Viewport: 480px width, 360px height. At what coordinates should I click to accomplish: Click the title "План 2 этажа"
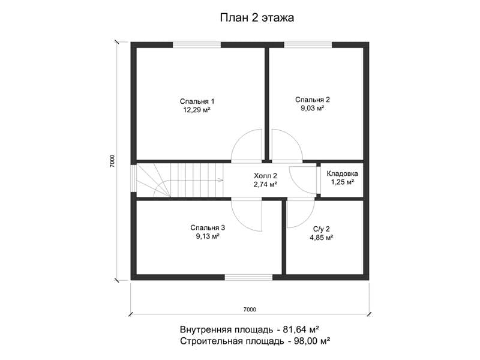pyautogui.click(x=257, y=18)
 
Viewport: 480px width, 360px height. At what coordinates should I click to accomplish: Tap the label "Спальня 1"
pyautogui.click(x=197, y=101)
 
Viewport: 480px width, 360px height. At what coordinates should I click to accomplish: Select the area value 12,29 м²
pyautogui.click(x=197, y=110)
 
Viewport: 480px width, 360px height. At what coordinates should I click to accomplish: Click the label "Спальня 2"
pyautogui.click(x=312, y=100)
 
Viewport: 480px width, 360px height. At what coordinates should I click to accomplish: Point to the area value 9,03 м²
pyautogui.click(x=312, y=108)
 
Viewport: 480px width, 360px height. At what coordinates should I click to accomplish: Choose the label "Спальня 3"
pyautogui.click(x=208, y=227)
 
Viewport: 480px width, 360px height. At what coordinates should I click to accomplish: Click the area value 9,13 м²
pyautogui.click(x=208, y=236)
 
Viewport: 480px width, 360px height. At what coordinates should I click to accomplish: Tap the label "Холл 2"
pyautogui.click(x=265, y=176)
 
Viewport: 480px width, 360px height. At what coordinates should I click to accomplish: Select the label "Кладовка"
pyautogui.click(x=342, y=173)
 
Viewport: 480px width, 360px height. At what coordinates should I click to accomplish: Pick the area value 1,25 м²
pyautogui.click(x=342, y=182)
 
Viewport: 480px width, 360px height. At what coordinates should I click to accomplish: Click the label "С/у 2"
pyautogui.click(x=321, y=229)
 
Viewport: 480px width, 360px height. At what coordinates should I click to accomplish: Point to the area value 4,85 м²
pyautogui.click(x=321, y=237)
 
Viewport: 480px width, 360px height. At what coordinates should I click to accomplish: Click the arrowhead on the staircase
pyautogui.click(x=221, y=180)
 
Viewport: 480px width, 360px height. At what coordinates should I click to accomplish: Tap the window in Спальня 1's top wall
pyautogui.click(x=197, y=45)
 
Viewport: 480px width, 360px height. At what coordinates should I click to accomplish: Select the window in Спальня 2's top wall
pyautogui.click(x=308, y=45)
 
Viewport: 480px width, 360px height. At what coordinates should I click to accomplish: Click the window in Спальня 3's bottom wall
pyautogui.click(x=249, y=277)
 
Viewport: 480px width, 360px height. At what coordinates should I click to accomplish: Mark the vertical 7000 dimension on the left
pyautogui.click(x=112, y=161)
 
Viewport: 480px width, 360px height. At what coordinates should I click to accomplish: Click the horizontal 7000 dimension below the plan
pyautogui.click(x=250, y=310)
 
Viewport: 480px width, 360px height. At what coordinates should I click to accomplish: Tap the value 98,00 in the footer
pyautogui.click(x=307, y=341)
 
